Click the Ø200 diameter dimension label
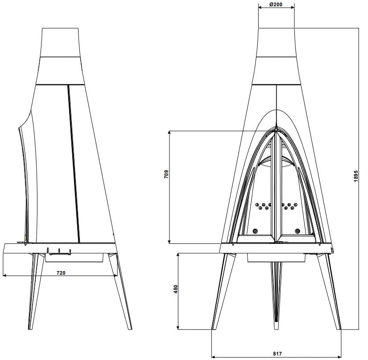click(x=276, y=4)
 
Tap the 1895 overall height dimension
click(x=356, y=176)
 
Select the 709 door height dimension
click(x=166, y=174)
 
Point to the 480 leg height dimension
click(x=176, y=289)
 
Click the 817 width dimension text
click(x=277, y=353)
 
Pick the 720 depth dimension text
click(x=61, y=273)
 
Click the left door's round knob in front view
click(x=255, y=231)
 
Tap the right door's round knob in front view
click(x=298, y=231)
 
